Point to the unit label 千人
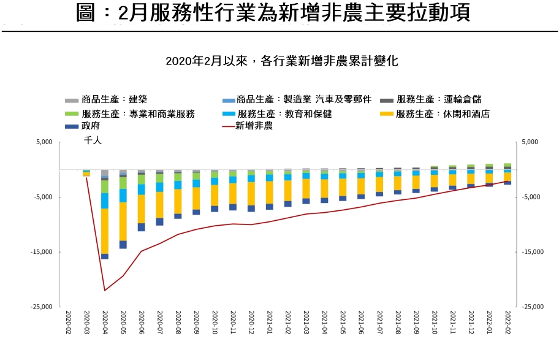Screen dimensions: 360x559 [93, 140]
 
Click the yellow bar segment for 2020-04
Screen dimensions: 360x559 [105, 231]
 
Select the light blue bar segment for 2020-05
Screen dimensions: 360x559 [123, 196]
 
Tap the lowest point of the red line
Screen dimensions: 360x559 [105, 291]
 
